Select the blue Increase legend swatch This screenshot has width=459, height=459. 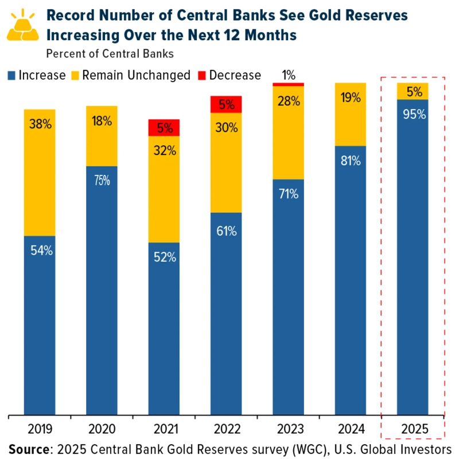[11, 75]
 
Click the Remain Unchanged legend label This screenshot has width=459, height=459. [136, 75]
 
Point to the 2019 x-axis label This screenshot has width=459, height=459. [40, 427]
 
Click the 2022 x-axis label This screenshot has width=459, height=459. [225, 427]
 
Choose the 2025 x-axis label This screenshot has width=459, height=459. [413, 427]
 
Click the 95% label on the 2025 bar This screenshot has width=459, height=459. [413, 114]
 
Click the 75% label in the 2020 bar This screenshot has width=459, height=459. [102, 180]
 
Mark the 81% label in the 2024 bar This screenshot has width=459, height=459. [351, 161]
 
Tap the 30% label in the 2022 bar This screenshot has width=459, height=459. [226, 128]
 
